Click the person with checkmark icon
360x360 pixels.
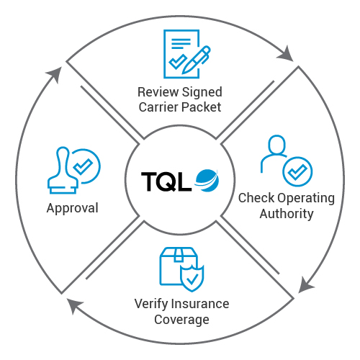285,159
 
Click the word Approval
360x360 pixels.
72,209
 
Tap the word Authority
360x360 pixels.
276,214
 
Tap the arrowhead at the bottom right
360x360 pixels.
306,286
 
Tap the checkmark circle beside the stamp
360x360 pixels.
85,166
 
